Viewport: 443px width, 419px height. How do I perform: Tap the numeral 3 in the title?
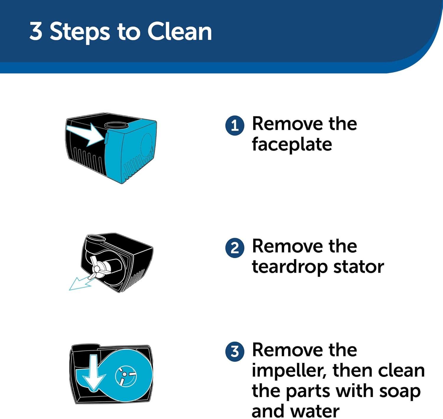coord(36,32)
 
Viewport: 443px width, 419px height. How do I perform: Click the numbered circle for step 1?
coord(235,126)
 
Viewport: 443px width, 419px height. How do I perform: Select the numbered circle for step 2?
coord(235,248)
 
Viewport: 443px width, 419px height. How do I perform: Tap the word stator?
coord(359,267)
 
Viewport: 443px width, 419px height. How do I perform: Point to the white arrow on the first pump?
coord(86,135)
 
